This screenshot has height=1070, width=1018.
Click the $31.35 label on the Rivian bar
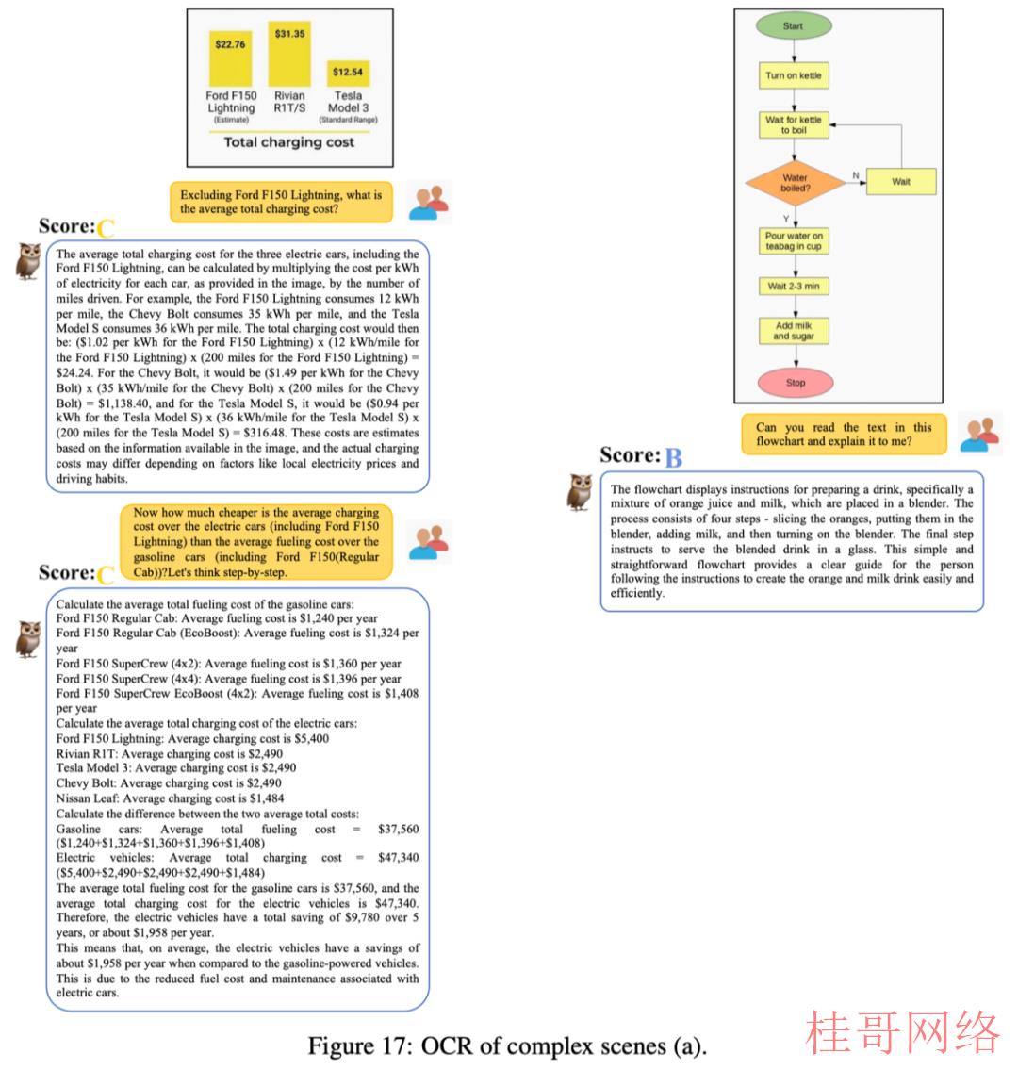pos(290,33)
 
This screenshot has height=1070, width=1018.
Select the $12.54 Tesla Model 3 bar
pos(348,73)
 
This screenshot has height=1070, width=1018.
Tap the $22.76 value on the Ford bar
pos(230,44)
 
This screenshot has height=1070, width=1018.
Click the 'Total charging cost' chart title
pos(289,142)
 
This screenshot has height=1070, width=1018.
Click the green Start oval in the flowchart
pos(794,26)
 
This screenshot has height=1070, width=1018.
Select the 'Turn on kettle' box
pos(794,75)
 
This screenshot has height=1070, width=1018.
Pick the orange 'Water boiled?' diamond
pos(796,183)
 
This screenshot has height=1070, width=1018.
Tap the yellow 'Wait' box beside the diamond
pos(900,182)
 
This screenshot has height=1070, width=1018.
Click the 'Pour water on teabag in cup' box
pos(794,241)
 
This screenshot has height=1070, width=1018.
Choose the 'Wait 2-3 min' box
pos(794,286)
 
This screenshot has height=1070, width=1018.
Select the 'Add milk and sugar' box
pos(794,331)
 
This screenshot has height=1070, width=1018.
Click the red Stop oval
pos(796,383)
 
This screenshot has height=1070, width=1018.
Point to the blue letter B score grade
pos(673,457)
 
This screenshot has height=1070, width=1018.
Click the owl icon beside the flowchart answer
pos(580,492)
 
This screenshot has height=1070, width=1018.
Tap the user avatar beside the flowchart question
pos(979,434)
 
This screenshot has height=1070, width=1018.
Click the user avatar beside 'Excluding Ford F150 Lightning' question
pos(429,202)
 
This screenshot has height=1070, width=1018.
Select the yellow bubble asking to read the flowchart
pos(844,434)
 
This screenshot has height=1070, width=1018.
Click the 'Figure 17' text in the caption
pos(359,1045)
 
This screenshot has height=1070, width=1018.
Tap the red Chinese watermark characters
pos(903,1032)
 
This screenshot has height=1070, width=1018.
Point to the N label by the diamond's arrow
pos(856,175)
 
